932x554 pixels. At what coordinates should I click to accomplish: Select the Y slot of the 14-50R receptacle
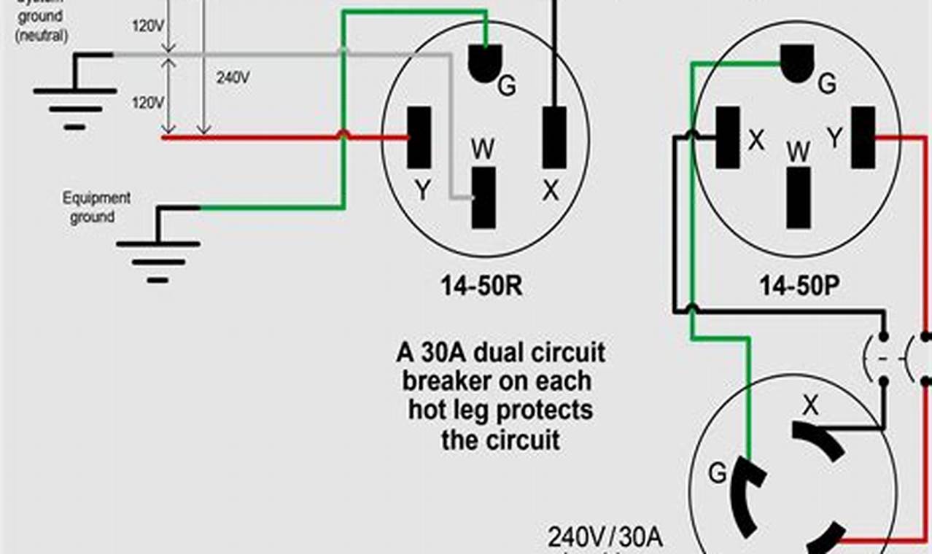[x=419, y=138]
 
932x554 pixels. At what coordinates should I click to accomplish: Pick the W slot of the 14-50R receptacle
[x=483, y=197]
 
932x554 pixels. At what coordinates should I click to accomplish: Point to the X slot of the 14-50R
[x=554, y=138]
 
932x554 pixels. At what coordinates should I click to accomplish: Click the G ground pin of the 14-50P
[x=797, y=63]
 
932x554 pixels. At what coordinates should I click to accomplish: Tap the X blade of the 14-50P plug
[x=727, y=138]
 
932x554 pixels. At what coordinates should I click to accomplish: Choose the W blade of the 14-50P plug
[x=799, y=197]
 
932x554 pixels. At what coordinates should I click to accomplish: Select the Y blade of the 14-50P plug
[x=863, y=138]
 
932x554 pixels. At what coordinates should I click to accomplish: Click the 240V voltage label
[x=233, y=77]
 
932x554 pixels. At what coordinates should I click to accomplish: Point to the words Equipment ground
[x=96, y=207]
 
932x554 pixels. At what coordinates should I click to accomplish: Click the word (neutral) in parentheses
[x=41, y=34]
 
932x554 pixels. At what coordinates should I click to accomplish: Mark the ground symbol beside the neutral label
[x=74, y=98]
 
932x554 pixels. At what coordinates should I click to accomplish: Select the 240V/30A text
[x=605, y=539]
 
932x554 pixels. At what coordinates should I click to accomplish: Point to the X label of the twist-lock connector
[x=810, y=406]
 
